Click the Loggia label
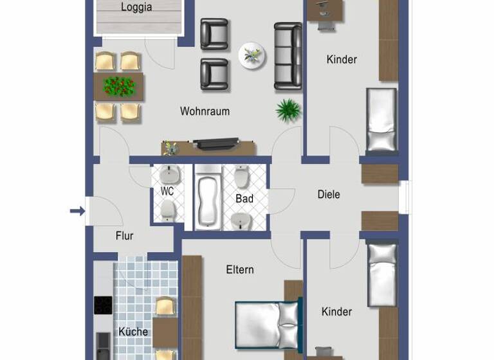(x=136, y=8)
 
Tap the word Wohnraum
(x=205, y=111)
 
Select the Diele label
(x=329, y=194)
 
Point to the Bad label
(x=244, y=199)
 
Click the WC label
(x=167, y=191)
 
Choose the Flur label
(x=124, y=236)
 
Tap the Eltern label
(x=239, y=269)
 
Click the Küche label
(x=133, y=332)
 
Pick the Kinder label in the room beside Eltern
(x=336, y=312)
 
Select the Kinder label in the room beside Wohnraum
(x=342, y=60)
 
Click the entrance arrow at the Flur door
(x=77, y=211)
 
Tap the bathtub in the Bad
(x=207, y=198)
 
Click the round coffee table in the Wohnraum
(x=252, y=56)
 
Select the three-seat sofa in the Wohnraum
(x=288, y=55)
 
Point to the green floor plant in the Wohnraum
(x=288, y=110)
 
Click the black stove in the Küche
(x=103, y=305)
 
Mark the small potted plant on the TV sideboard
(x=170, y=147)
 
